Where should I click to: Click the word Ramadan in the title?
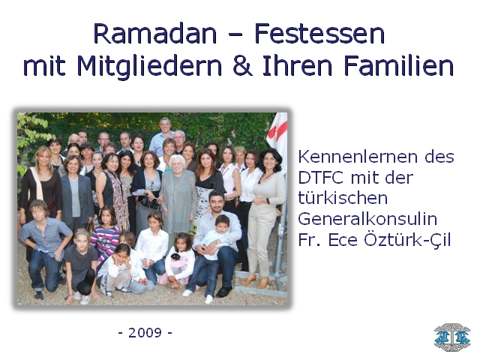pyautogui.click(x=155, y=33)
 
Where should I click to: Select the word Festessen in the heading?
pyautogui.click(x=319, y=33)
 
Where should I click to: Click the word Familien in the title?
pyautogui.click(x=399, y=65)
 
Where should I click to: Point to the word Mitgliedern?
pyautogui.click(x=149, y=66)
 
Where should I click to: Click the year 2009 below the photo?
pyautogui.click(x=145, y=332)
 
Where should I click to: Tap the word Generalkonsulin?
pyautogui.click(x=367, y=219)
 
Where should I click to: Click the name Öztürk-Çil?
pyautogui.click(x=407, y=239)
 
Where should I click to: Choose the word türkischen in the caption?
pyautogui.click(x=343, y=198)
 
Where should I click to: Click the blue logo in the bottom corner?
pyautogui.click(x=452, y=337)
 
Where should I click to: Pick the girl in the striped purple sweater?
pyautogui.click(x=106, y=232)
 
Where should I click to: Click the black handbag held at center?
pyautogui.click(x=151, y=202)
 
